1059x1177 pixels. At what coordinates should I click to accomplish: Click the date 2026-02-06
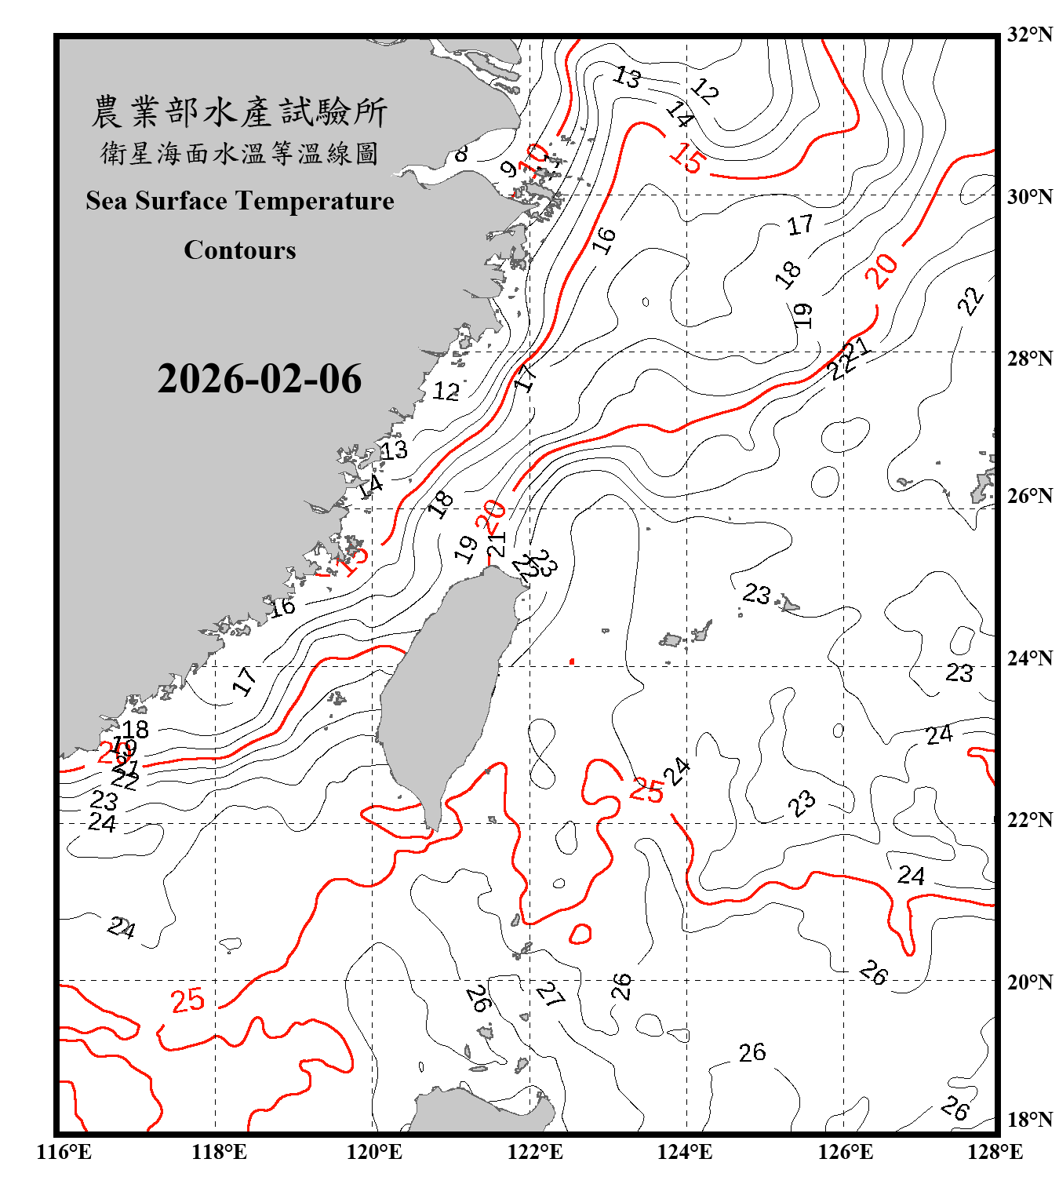[x=259, y=379]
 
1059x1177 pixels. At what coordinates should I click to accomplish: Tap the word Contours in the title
[x=240, y=250]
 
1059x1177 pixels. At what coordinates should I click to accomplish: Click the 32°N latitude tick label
[x=1029, y=35]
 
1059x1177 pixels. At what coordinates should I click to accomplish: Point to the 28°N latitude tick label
[x=1029, y=359]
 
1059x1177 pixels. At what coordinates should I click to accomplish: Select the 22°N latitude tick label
[x=1029, y=820]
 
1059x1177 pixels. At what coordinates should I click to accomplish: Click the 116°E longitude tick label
[x=64, y=1152]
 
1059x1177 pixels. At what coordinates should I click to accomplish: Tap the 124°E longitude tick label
[x=685, y=1152]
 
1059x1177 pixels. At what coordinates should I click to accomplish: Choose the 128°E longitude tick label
[x=995, y=1152]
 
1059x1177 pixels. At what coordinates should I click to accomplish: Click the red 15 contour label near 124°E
[x=687, y=158]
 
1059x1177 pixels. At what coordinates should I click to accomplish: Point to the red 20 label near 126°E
[x=883, y=271]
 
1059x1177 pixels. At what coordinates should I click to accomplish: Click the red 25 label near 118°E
[x=187, y=1000]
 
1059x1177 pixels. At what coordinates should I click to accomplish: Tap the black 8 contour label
[x=461, y=153]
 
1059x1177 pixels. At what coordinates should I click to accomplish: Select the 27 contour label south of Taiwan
[x=550, y=995]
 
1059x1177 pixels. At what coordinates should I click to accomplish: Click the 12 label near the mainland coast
[x=446, y=391]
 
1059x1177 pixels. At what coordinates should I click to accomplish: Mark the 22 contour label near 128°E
[x=971, y=301]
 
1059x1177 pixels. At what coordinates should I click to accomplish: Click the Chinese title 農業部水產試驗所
[x=239, y=112]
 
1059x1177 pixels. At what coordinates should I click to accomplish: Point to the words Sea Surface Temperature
[x=240, y=201]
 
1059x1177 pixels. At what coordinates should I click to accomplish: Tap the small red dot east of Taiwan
[x=572, y=661]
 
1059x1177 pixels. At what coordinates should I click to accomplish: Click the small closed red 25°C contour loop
[x=580, y=934]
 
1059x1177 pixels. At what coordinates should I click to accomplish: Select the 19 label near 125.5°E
[x=802, y=315]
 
